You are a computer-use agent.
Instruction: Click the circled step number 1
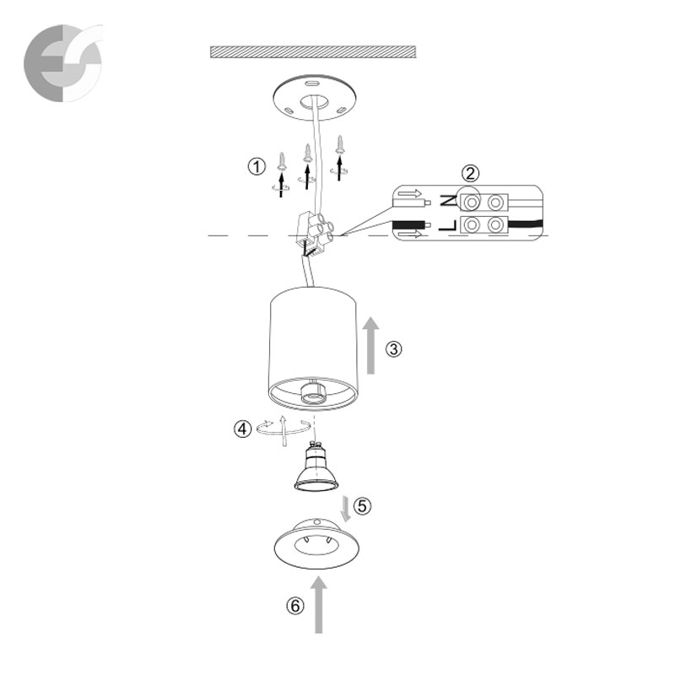coord(257,166)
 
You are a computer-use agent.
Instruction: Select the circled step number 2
coord(470,174)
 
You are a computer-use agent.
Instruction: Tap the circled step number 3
coord(393,348)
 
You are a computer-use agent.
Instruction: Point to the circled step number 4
coord(243,429)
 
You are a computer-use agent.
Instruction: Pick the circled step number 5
coord(363,505)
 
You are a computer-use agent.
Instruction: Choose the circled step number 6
coord(295,606)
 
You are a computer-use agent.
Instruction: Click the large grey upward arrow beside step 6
coord(319,605)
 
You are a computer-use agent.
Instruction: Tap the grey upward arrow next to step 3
coord(370,345)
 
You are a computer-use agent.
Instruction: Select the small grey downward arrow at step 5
coord(346,509)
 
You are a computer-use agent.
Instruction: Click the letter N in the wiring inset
coord(448,200)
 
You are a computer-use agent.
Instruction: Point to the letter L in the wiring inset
coord(448,224)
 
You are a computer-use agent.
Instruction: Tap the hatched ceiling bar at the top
coord(313,51)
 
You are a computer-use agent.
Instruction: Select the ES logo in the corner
coord(63,63)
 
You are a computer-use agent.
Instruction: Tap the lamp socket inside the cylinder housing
coord(315,391)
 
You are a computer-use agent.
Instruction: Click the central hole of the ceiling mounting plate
coord(315,103)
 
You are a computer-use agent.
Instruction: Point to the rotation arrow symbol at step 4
coord(283,429)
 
